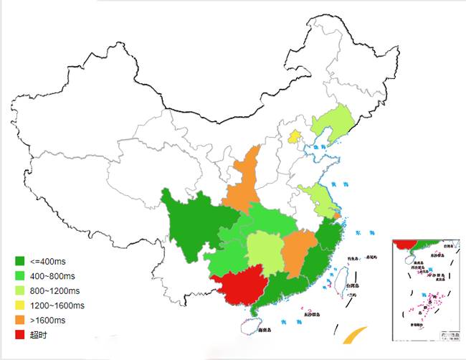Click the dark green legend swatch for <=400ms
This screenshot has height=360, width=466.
[20, 261]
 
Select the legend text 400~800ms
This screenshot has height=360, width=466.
[52, 276]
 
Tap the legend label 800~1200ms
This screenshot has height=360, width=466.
[54, 290]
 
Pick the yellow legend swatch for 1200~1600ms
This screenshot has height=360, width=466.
[20, 305]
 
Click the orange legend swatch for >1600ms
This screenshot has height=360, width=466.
[20, 320]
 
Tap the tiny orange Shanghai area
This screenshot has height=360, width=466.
[338, 214]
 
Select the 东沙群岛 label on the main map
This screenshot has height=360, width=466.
[311, 314]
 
